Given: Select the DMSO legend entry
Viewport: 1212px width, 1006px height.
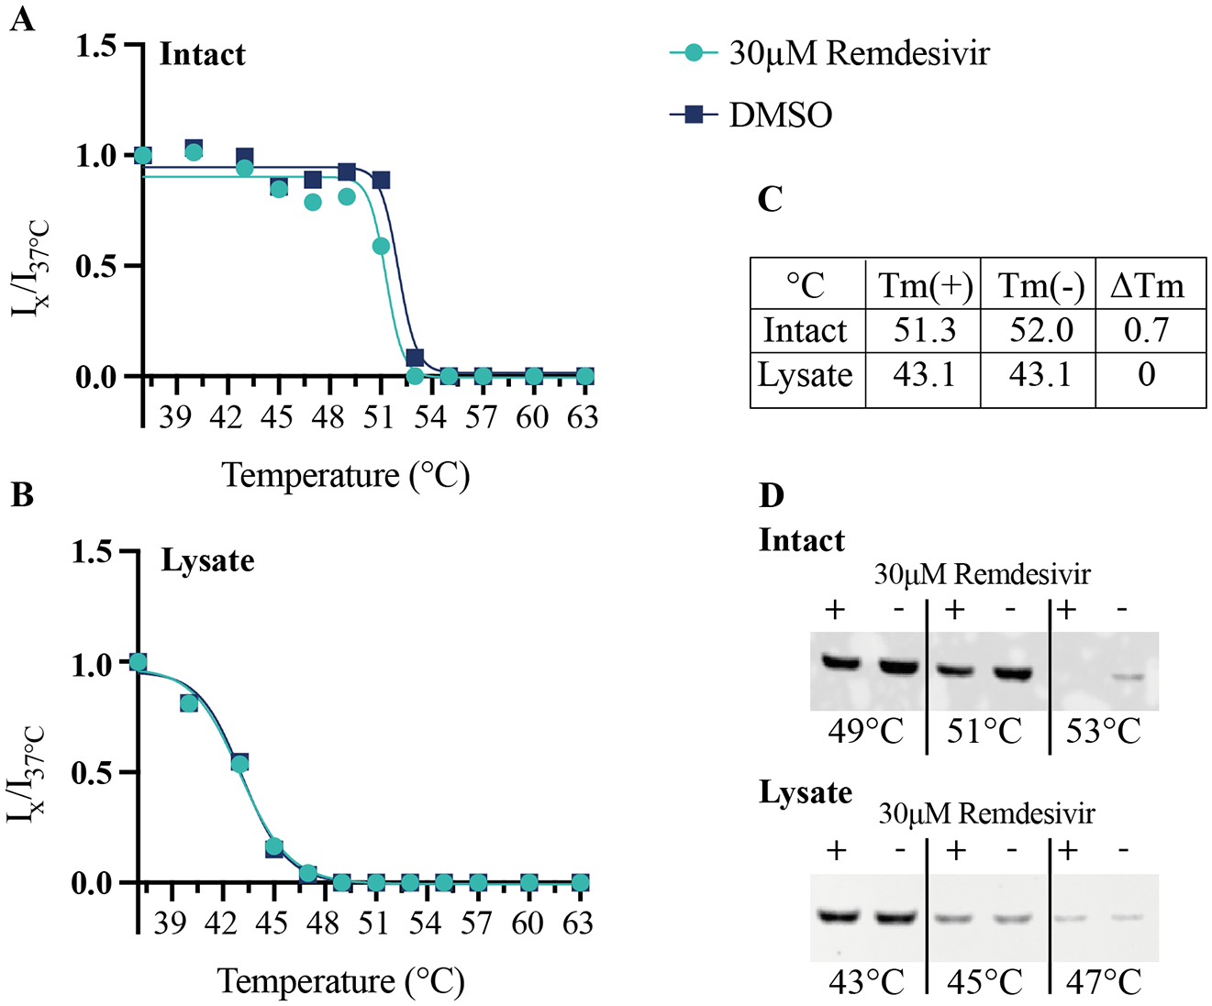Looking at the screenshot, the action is pos(751,115).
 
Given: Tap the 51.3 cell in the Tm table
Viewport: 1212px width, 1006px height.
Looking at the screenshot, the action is pos(924,331).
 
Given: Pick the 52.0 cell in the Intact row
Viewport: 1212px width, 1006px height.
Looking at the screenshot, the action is pos(1041,331).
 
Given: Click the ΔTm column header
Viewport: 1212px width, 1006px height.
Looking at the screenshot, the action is pos(1148,286).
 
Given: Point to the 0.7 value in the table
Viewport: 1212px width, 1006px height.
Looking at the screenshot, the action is pos(1147,331).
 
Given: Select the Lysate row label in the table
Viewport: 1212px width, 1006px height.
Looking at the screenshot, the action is pos(806,376).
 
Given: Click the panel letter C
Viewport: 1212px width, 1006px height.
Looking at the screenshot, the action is pos(771,199).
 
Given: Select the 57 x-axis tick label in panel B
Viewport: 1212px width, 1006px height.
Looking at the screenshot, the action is pos(476,923).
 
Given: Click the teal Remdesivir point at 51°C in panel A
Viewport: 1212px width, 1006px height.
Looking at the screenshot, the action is pos(381,247).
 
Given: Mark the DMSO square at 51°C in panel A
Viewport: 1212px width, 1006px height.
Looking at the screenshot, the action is pos(381,180).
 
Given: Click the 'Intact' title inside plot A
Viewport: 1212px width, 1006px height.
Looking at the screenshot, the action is pos(203,54).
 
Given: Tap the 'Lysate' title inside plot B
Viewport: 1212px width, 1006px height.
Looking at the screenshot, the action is pos(207,561).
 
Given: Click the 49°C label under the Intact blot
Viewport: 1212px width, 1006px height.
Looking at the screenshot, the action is pos(866,731).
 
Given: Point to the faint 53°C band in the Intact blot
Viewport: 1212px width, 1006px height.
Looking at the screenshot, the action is pos(1129,677).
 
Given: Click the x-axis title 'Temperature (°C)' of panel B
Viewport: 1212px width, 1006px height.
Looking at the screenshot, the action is pos(341,982).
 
